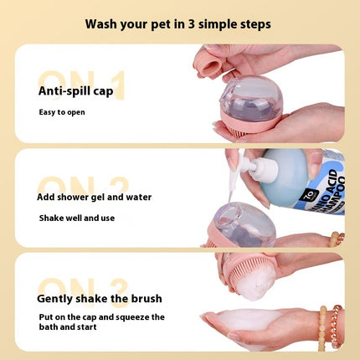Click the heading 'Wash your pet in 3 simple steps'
point(179,23)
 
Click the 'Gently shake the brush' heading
point(99,298)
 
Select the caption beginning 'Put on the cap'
point(100,321)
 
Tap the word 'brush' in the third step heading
point(144,298)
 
